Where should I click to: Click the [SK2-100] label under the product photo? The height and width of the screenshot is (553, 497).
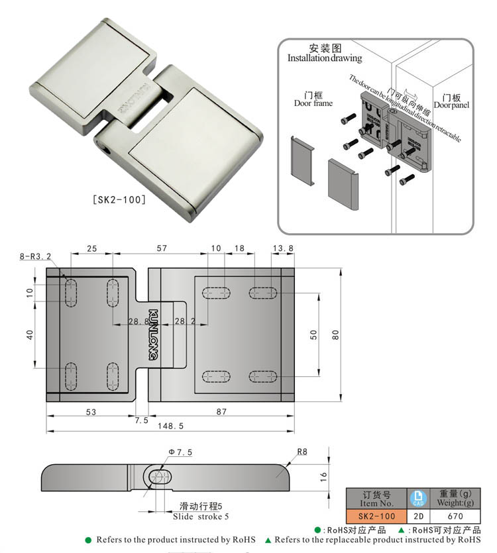point(117,199)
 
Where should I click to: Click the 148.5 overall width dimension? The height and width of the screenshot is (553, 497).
point(170,427)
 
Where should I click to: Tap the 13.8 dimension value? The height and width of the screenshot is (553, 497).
point(283,248)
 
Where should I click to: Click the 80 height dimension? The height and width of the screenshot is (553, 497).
point(335,334)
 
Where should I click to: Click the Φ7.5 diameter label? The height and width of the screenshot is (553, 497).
point(180,452)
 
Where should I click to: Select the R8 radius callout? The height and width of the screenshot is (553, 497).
point(302,452)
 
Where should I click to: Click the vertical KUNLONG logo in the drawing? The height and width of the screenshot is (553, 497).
point(153,334)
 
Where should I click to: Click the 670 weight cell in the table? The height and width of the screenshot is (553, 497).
point(455,516)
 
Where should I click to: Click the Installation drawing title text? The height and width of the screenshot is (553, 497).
point(325,58)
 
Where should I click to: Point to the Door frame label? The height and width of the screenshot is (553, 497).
point(313,103)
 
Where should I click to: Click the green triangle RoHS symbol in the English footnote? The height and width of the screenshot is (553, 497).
point(268,540)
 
